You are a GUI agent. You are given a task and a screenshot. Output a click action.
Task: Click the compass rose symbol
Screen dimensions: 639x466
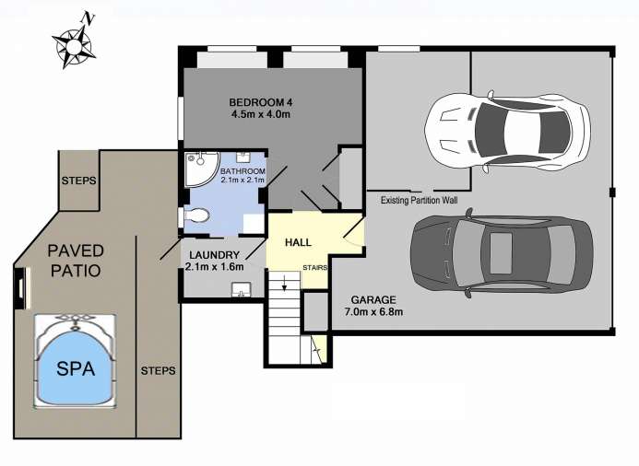pyautogui.click(x=74, y=46)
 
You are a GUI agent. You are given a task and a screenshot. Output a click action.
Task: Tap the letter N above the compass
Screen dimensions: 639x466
pyautogui.click(x=88, y=17)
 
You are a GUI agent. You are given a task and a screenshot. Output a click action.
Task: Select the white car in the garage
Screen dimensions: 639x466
pyautogui.click(x=507, y=133)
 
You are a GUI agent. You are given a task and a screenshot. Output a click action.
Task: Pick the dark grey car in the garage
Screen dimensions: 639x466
pyautogui.click(x=502, y=253)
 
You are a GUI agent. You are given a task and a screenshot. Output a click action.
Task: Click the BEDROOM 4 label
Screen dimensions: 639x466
pyautogui.click(x=261, y=102)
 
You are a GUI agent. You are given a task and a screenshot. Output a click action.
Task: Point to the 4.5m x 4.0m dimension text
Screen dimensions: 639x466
pyautogui.click(x=261, y=114)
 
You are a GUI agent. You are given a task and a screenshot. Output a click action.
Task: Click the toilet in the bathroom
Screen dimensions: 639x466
pyautogui.click(x=196, y=216)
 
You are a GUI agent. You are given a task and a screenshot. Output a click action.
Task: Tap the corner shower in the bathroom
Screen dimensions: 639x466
pyautogui.click(x=200, y=169)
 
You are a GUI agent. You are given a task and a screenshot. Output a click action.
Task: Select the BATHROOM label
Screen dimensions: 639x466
pyautogui.click(x=243, y=171)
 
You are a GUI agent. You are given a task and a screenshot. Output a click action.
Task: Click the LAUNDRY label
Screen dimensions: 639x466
pyautogui.click(x=214, y=255)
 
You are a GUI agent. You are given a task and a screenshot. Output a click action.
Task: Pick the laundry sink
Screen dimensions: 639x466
pyautogui.click(x=243, y=290)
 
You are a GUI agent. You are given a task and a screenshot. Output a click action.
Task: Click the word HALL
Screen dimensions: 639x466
pyautogui.click(x=298, y=242)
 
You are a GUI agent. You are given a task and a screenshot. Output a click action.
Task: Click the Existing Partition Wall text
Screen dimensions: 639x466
pyautogui.click(x=419, y=200)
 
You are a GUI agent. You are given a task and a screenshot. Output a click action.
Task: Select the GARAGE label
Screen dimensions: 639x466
pyautogui.click(x=373, y=300)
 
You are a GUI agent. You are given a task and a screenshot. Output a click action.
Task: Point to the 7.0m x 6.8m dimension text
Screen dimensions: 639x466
pyautogui.click(x=373, y=312)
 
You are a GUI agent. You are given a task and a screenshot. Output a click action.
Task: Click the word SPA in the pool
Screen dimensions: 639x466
pyautogui.click(x=76, y=368)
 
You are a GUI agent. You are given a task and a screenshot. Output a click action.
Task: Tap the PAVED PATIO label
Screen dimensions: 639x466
pyautogui.click(x=76, y=261)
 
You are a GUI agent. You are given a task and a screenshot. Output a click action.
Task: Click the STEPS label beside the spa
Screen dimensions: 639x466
pyautogui.click(x=158, y=371)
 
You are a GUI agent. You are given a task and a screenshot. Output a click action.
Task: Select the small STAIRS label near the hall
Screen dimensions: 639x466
pyautogui.click(x=315, y=268)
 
